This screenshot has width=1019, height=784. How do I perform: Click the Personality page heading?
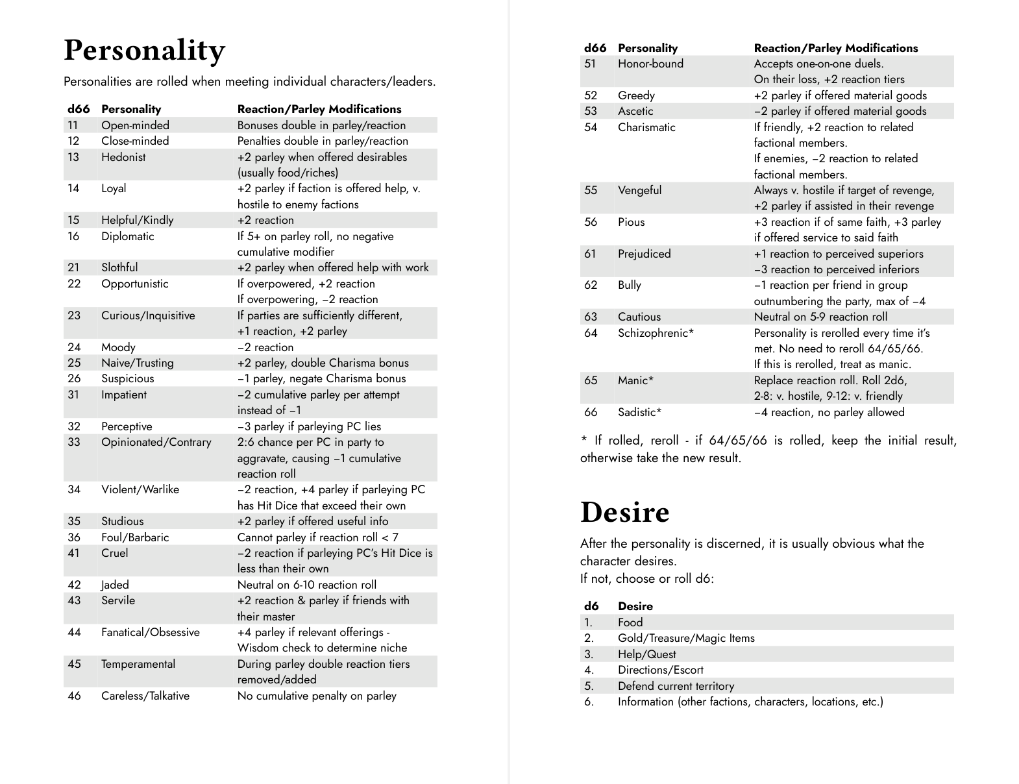(x=144, y=51)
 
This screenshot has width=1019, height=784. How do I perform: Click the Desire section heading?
(x=624, y=512)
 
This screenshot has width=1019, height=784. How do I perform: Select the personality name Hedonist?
(x=123, y=157)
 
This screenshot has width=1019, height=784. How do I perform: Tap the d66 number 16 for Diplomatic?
(x=73, y=236)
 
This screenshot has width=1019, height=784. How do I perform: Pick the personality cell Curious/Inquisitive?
(x=148, y=315)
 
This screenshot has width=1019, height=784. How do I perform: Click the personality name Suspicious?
(x=128, y=378)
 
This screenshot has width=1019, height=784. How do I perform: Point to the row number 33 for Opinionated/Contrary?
(x=74, y=442)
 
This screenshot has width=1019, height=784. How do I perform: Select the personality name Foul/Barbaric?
(x=135, y=537)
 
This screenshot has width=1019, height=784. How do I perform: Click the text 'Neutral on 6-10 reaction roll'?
(x=306, y=585)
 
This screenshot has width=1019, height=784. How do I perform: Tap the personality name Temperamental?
(x=138, y=664)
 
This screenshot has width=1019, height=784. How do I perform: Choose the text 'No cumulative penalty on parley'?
(x=317, y=696)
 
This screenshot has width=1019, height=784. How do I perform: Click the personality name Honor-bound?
(x=650, y=64)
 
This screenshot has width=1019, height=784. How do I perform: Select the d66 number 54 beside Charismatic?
(x=591, y=127)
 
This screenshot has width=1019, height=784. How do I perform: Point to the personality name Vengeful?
(x=639, y=190)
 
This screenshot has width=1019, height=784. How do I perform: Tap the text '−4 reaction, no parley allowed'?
(x=829, y=412)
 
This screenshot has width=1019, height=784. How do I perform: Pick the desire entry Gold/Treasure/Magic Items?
(x=686, y=638)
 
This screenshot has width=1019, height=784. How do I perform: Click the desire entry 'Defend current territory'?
(x=676, y=686)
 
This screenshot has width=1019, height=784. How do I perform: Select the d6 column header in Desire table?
(x=591, y=606)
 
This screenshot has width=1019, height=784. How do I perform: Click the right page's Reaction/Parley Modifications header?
(x=835, y=48)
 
